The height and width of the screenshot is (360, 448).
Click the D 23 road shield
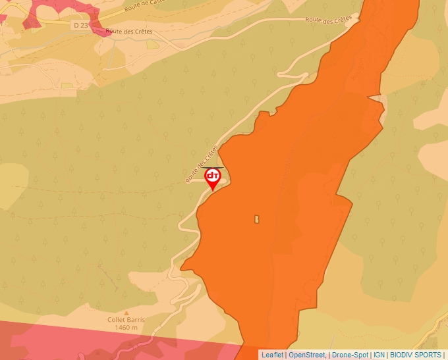[x=80, y=24]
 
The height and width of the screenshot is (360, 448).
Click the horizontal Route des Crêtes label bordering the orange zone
[x=329, y=20]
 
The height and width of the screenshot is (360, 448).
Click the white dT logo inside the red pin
[x=213, y=176]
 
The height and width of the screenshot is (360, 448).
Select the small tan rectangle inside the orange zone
[x=257, y=219]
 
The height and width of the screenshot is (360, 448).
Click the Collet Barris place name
[x=126, y=320]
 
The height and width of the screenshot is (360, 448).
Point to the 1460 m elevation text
[x=126, y=328]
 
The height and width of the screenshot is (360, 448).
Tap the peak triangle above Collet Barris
[x=126, y=312]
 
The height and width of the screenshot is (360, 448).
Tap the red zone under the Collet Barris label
[x=99, y=342]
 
